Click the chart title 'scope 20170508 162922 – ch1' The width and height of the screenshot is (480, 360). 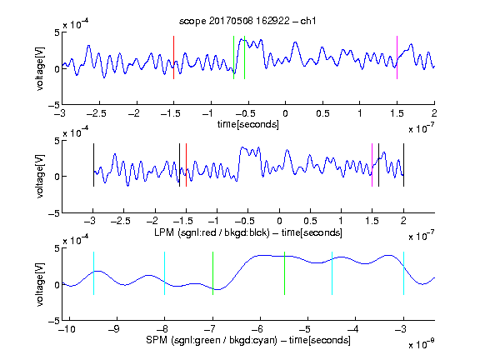(x=247, y=21)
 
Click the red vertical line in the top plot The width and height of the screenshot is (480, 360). (x=173, y=57)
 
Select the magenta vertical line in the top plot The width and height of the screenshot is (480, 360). (x=397, y=57)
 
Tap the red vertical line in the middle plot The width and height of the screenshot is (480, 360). (x=186, y=165)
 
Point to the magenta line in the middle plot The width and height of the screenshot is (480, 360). (x=372, y=165)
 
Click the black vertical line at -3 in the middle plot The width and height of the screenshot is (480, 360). (x=93, y=165)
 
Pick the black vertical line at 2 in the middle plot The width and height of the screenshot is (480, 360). (x=403, y=165)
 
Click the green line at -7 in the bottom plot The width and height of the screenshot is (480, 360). (x=212, y=273)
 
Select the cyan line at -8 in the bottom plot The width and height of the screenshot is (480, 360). (x=164, y=273)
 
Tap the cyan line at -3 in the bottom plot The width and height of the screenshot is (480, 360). (x=403, y=273)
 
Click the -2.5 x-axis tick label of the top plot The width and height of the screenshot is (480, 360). (x=96, y=113)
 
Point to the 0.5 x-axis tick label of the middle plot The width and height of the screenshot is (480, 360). (x=310, y=221)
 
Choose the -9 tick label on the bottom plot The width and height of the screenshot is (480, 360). (x=114, y=329)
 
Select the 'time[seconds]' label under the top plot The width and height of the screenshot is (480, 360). (x=248, y=124)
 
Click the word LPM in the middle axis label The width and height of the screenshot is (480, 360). (x=164, y=232)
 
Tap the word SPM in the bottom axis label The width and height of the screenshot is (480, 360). (x=157, y=340)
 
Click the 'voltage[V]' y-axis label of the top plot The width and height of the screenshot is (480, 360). (x=40, y=68)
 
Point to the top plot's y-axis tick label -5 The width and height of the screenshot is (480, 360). (x=54, y=105)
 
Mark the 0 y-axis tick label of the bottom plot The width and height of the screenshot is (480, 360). (x=57, y=285)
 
